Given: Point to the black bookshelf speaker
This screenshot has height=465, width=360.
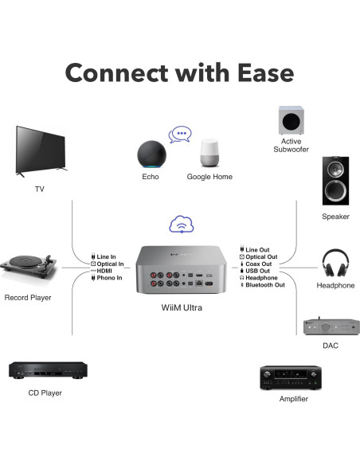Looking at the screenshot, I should click(x=335, y=181).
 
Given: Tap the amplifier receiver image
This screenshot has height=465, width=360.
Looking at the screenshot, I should click(x=290, y=377).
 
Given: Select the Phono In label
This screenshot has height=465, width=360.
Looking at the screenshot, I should click(x=110, y=278).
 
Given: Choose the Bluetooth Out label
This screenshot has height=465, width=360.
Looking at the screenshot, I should click(x=265, y=285).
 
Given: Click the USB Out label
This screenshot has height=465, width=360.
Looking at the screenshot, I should click(x=258, y=271).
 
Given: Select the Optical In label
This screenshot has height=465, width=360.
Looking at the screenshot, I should click(x=110, y=264).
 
